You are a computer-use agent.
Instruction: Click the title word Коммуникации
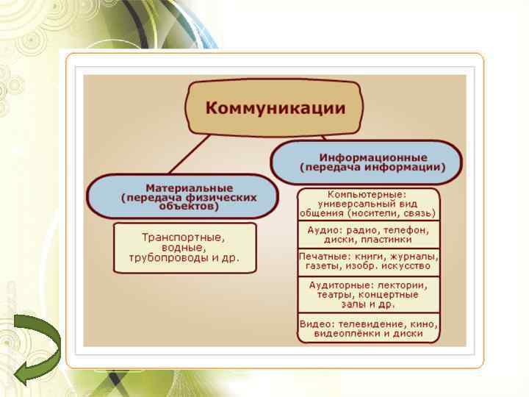pyautogui.click(x=275, y=108)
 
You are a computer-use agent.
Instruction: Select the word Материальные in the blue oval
pyautogui.click(x=189, y=188)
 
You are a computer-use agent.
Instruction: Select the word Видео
pyautogui.click(x=316, y=323)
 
